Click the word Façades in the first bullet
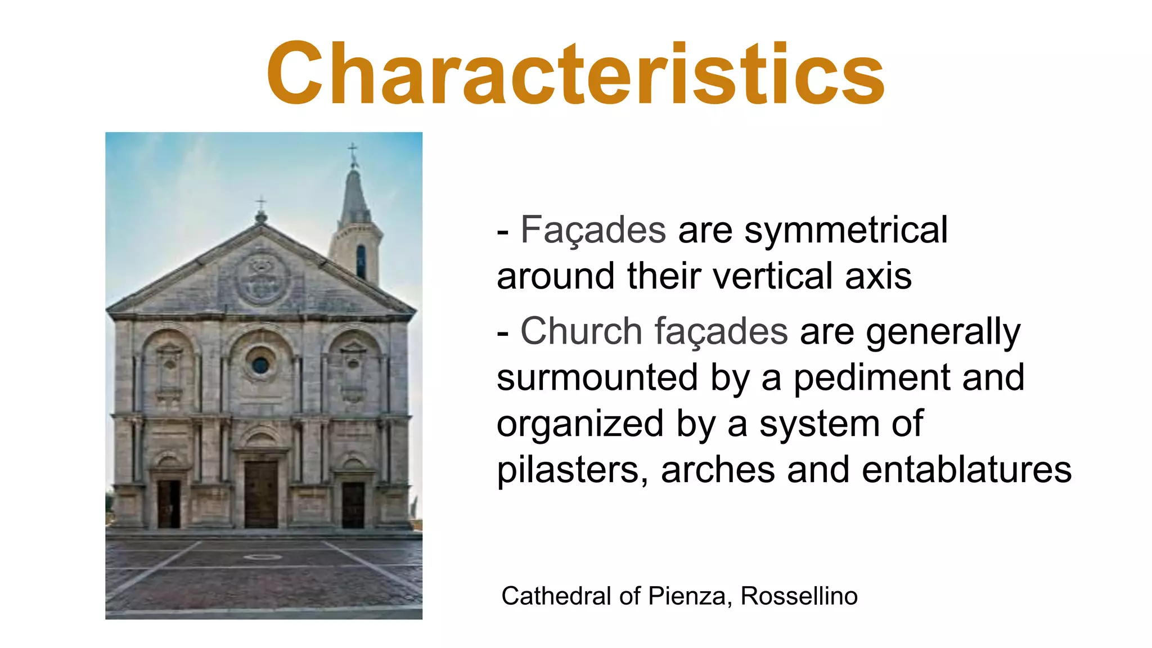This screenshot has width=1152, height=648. pos(593,230)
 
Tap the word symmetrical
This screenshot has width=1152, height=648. pos(846,230)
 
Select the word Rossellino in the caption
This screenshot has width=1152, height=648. pos(799,596)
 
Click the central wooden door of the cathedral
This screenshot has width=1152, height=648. pos(261,494)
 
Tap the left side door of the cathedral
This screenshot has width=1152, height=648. pos(169,504)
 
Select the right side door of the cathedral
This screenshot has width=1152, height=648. pos(353,505)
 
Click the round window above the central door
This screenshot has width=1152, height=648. pos(260,366)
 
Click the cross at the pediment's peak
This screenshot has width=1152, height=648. pos(260,203)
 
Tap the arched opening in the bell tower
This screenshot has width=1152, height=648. pos(361,262)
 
